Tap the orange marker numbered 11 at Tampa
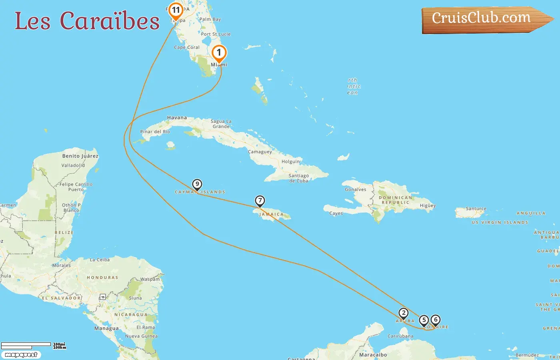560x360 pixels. pyautogui.click(x=176, y=10)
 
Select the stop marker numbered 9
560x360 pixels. pyautogui.click(x=197, y=184)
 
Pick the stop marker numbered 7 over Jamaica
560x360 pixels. pyautogui.click(x=260, y=201)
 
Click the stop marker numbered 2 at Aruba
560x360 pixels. pyautogui.click(x=404, y=313)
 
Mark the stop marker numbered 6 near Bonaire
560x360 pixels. pyautogui.click(x=436, y=320)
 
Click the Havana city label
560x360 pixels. pyautogui.click(x=177, y=118)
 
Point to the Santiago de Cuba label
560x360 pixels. pyautogui.click(x=299, y=178)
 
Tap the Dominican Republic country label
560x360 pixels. pyautogui.click(x=395, y=200)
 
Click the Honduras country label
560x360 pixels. pyautogui.click(x=102, y=278)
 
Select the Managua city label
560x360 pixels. pyautogui.click(x=106, y=328)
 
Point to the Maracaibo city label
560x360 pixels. pyautogui.click(x=373, y=355)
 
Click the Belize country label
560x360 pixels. pyautogui.click(x=64, y=232)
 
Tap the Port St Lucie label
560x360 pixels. pyautogui.click(x=216, y=34)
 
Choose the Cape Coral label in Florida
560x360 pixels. pyautogui.click(x=187, y=47)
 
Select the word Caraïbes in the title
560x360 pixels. pyautogui.click(x=110, y=21)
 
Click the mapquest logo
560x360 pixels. pyautogui.click(x=21, y=355)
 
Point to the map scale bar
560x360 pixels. pyautogui.click(x=26, y=346)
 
